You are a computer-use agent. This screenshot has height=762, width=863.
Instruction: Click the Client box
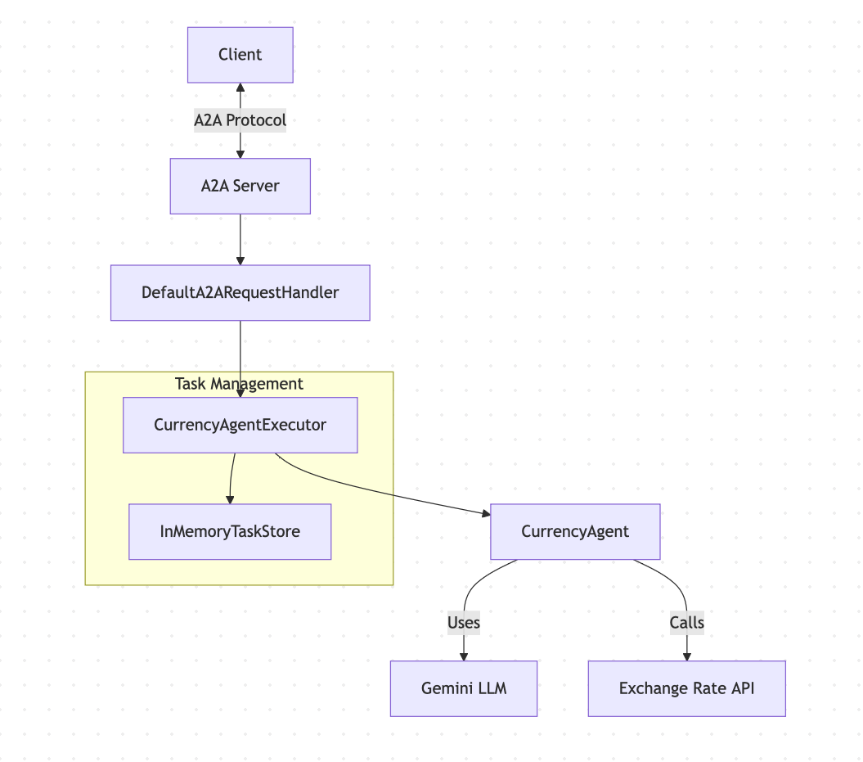pos(240,55)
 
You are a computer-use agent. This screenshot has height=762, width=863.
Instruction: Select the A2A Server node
pos(240,186)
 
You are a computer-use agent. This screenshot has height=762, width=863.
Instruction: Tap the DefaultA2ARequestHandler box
pos(240,292)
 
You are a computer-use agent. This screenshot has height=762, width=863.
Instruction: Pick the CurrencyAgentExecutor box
pos(240,425)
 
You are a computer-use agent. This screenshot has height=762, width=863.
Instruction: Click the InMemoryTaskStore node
pos(230,531)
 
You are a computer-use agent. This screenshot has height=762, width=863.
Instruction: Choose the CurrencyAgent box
pos(574,531)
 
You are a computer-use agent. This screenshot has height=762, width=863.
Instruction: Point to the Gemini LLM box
pos(464,688)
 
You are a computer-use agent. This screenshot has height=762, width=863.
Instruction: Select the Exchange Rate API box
pos(686,688)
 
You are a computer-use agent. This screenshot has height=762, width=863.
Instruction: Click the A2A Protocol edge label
pos(240,120)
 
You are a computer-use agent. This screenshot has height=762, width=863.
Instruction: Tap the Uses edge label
pos(464,622)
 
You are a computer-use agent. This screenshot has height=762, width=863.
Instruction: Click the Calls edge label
pos(686,622)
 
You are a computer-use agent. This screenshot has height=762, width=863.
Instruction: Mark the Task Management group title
pos(239,384)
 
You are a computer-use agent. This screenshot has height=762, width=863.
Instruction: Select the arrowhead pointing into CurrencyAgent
pos(485,513)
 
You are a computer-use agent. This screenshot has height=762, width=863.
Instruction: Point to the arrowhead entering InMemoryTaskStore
pos(230,499)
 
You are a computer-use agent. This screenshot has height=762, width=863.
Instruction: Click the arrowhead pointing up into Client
pos(240,87)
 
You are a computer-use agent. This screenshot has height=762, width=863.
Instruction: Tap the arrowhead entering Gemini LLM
pos(464,656)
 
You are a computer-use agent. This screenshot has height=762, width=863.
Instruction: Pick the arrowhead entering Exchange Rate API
pos(686,656)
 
